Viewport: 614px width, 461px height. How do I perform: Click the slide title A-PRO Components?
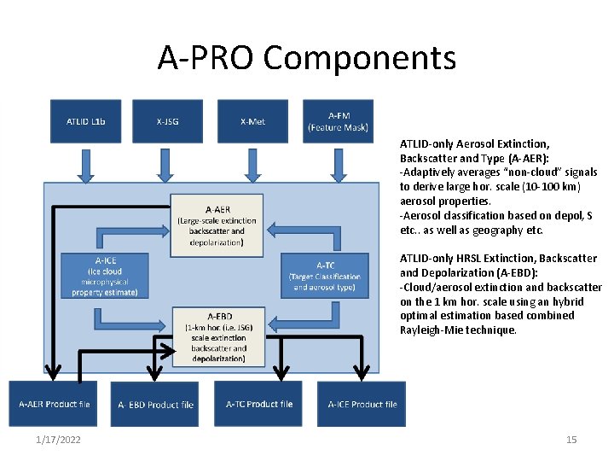(307, 58)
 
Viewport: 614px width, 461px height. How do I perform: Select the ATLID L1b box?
(86, 121)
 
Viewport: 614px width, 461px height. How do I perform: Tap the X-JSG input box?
(167, 121)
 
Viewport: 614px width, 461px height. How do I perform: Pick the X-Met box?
(252, 121)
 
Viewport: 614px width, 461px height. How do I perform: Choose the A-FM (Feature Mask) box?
(338, 121)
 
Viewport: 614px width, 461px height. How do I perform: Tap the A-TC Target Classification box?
(325, 276)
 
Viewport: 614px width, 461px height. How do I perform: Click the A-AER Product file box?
(55, 404)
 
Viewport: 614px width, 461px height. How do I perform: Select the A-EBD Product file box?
(155, 405)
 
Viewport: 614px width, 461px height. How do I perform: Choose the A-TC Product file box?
(259, 404)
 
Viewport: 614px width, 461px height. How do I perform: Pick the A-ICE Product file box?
(362, 404)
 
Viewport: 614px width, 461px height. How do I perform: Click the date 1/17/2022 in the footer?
(59, 440)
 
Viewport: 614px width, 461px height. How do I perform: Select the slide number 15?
(571, 440)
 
